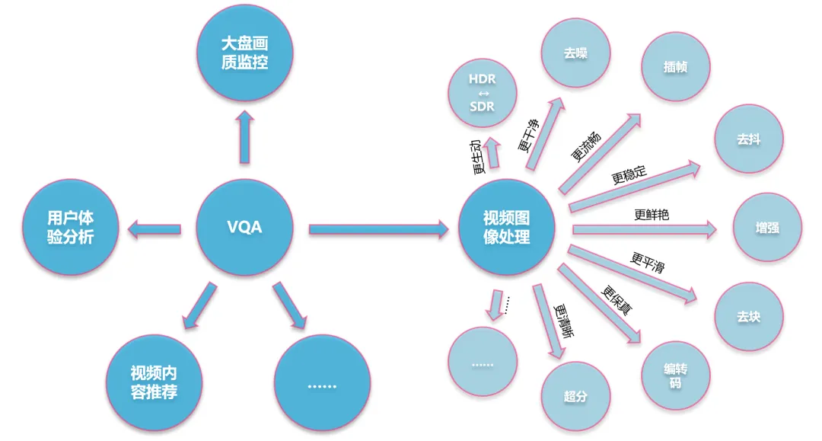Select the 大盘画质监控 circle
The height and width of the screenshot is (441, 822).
(x=244, y=53)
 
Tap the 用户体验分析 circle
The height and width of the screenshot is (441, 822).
(x=70, y=228)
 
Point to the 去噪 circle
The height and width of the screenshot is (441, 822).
(x=575, y=55)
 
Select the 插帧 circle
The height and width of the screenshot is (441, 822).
(x=675, y=67)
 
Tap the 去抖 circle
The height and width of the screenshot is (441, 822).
(x=748, y=140)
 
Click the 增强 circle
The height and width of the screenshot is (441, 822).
(x=767, y=228)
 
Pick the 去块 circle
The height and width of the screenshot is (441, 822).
(x=748, y=316)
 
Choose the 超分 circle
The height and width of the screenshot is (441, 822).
(x=575, y=396)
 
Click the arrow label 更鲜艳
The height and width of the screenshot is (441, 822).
(x=651, y=215)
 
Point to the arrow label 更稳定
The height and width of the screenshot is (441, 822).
(x=629, y=175)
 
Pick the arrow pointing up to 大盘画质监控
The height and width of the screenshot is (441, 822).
(x=244, y=137)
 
